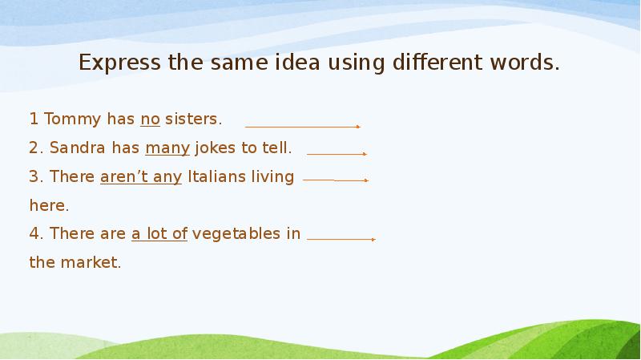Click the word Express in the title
coord(117,63)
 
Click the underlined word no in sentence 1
coord(150,119)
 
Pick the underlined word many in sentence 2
coord(167,148)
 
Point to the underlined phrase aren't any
coord(141,176)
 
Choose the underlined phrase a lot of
coord(159,234)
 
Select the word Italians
coord(216,176)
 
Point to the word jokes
coord(213,148)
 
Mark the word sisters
coord(193,119)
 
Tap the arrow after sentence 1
coord(302,127)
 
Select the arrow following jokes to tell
coord(337,153)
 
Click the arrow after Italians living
coord(335,180)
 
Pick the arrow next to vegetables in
coord(341,239)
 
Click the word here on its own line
coord(49,205)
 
